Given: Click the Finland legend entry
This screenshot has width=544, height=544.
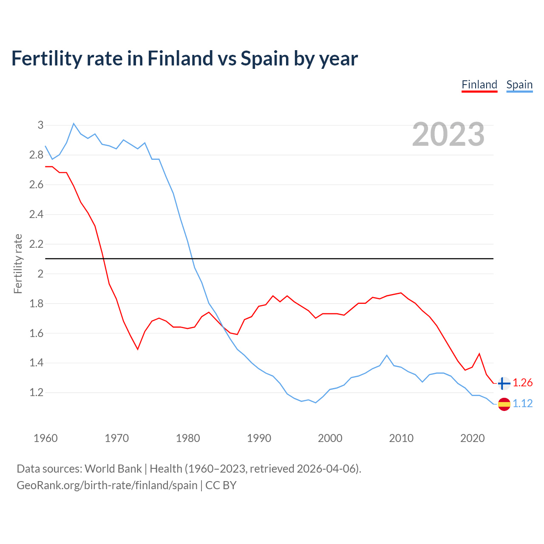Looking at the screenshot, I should (x=479, y=85).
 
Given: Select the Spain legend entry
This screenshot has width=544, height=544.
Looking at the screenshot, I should (x=519, y=85).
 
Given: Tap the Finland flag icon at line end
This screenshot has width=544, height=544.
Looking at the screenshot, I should (x=504, y=383).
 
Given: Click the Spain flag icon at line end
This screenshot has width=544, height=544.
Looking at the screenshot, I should (x=504, y=404).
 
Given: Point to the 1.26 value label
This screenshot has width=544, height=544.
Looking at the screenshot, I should (x=522, y=383).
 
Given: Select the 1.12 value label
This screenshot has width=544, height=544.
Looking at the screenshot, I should (x=522, y=404).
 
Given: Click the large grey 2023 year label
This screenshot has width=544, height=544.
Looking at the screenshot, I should (x=448, y=134).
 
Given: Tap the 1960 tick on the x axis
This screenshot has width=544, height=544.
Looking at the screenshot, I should (x=45, y=438).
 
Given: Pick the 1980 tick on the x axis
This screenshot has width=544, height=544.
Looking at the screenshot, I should (x=188, y=438).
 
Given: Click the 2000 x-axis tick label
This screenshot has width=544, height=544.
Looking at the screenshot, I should (x=330, y=438).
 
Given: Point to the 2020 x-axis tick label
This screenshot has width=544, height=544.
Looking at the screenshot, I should (x=472, y=438).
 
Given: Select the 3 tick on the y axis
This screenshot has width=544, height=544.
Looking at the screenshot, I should (x=40, y=125).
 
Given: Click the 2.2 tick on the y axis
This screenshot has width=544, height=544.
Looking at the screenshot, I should (x=37, y=244).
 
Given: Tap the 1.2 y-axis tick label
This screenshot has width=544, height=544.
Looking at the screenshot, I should (x=37, y=393).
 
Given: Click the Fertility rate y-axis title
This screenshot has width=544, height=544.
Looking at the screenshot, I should (x=18, y=263).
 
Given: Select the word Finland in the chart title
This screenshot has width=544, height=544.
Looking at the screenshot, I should (x=179, y=58).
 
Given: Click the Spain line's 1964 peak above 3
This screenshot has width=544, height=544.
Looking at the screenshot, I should (x=74, y=124).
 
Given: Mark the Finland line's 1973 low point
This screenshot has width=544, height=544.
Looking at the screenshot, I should (x=138, y=349).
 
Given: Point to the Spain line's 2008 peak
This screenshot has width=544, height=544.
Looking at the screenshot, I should (x=386, y=355).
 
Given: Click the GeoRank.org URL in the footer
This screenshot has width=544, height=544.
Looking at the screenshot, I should (x=107, y=485).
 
